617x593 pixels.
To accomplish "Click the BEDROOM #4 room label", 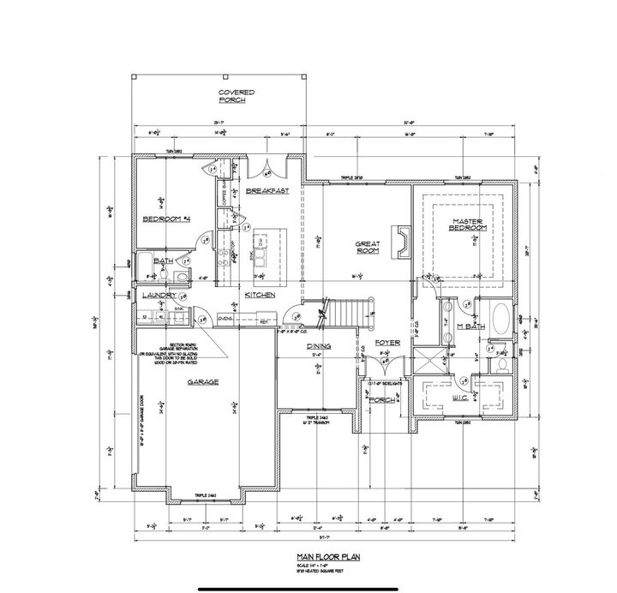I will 166,219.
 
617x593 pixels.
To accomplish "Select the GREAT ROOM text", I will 368,247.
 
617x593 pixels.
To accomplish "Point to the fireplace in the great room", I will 400,242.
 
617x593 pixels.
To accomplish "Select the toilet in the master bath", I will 500,363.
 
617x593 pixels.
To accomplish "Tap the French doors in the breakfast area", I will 272,168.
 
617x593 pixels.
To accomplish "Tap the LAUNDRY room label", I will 159,295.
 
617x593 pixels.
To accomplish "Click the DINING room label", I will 319,346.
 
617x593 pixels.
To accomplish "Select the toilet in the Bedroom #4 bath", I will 181,276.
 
